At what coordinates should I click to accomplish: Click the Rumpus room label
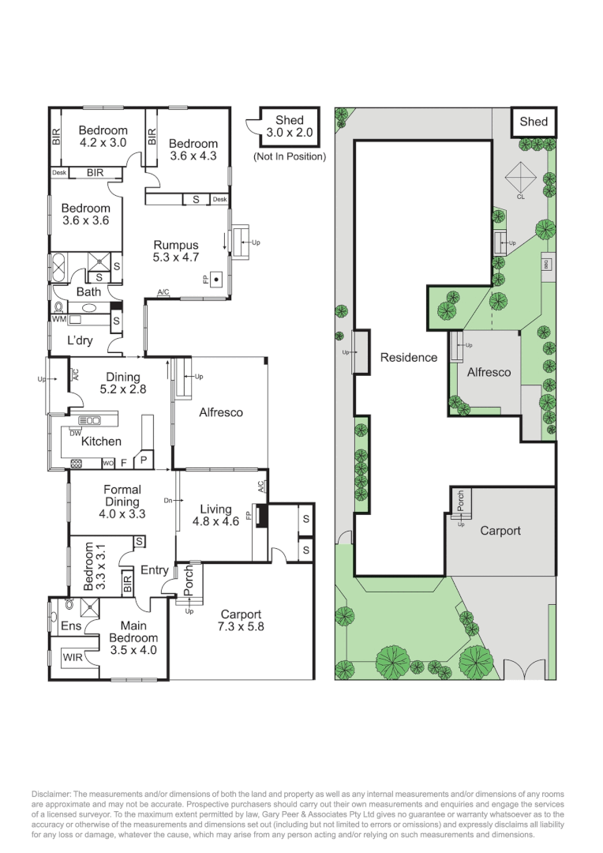(x=176, y=245)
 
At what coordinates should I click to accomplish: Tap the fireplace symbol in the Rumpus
(x=216, y=280)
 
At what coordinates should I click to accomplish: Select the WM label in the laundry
(x=58, y=319)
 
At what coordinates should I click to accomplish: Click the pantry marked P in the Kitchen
(x=144, y=460)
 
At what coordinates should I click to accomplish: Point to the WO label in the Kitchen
(x=108, y=464)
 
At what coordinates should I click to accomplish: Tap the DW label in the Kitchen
(x=75, y=433)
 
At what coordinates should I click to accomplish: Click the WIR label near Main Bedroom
(x=73, y=657)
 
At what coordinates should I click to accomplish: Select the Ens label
(x=71, y=626)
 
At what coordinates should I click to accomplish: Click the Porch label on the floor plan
(x=188, y=580)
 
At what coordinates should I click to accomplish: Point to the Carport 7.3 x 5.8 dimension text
(x=240, y=626)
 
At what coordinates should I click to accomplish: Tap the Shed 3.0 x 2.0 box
(x=289, y=126)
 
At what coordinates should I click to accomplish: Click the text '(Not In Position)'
(x=290, y=156)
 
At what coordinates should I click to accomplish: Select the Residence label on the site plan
(x=409, y=358)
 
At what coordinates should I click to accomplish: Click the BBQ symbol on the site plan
(x=547, y=264)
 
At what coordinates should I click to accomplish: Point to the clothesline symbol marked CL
(x=520, y=177)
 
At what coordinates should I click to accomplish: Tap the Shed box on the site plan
(x=534, y=122)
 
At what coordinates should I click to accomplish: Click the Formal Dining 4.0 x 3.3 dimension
(x=122, y=513)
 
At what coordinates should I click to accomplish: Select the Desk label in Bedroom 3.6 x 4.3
(x=219, y=199)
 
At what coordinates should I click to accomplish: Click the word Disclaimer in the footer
(x=51, y=795)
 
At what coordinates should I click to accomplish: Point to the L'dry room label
(x=80, y=340)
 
